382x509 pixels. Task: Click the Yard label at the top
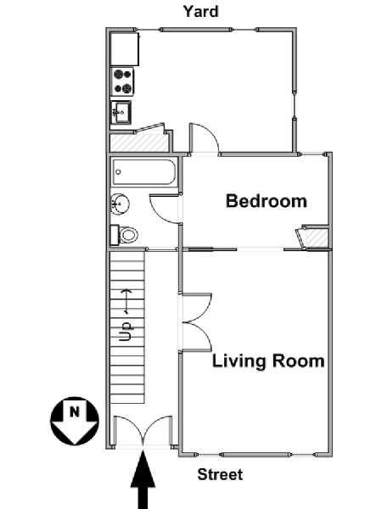pyautogui.click(x=200, y=12)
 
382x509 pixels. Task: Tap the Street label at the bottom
pyautogui.click(x=220, y=474)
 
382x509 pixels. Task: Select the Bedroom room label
pyautogui.click(x=267, y=201)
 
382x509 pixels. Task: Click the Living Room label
pyautogui.click(x=268, y=361)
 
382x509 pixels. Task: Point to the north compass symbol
pyautogui.click(x=75, y=421)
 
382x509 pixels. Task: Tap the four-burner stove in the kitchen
pyautogui.click(x=122, y=81)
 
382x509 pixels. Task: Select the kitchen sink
pyautogui.click(x=121, y=112)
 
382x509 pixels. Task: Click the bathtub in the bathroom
pyautogui.click(x=144, y=172)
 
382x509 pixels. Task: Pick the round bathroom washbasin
pyautogui.click(x=120, y=204)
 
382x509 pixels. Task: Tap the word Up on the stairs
pyautogui.click(x=126, y=331)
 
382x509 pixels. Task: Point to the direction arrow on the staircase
pyautogui.click(x=126, y=302)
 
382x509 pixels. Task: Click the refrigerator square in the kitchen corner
pyautogui.click(x=125, y=48)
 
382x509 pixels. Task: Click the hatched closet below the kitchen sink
pyautogui.click(x=139, y=143)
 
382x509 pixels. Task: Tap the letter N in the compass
pyautogui.click(x=75, y=412)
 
